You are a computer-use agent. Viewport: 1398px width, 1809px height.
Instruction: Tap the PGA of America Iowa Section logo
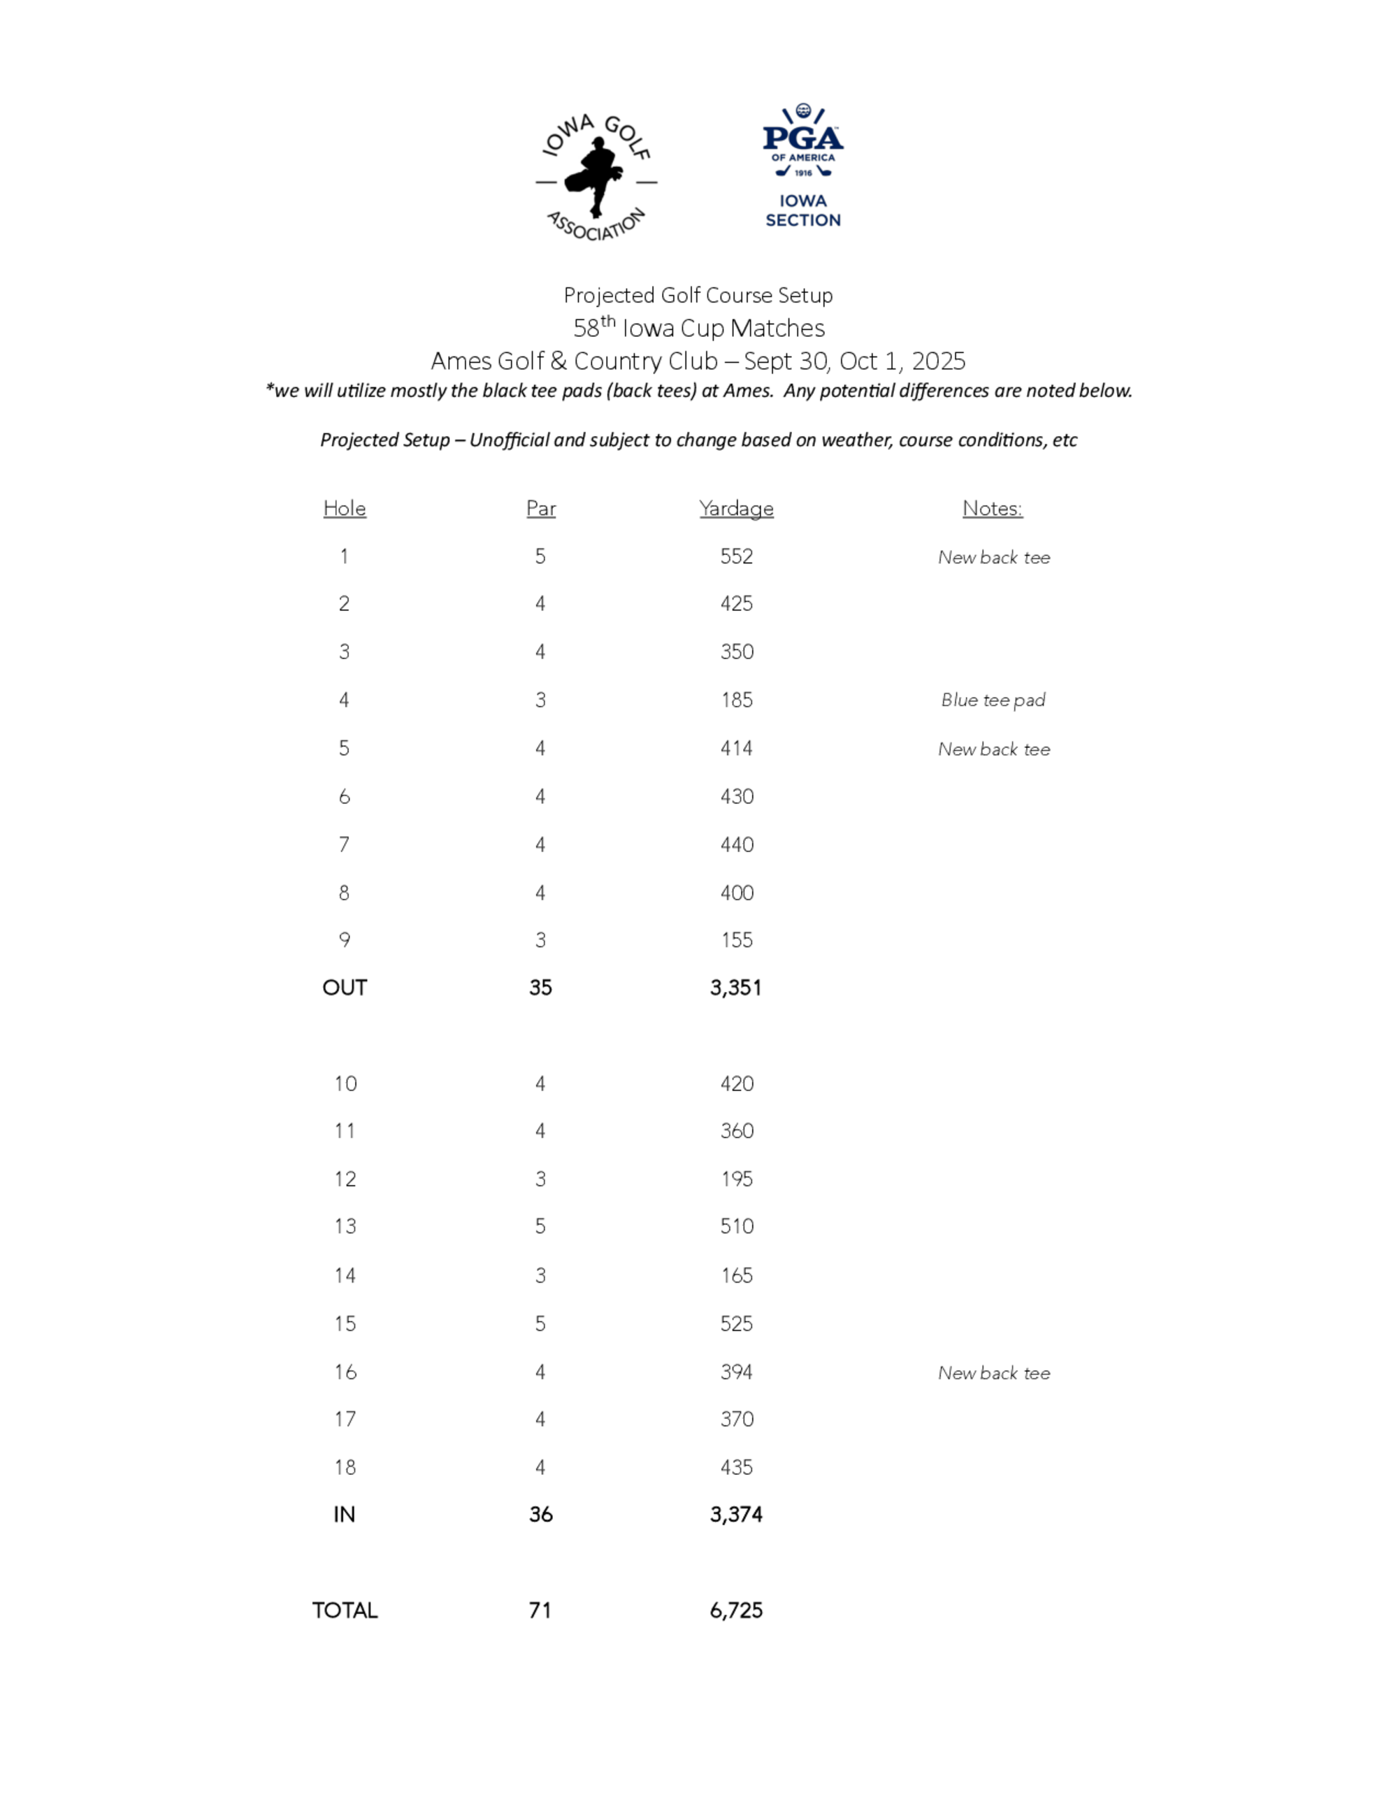pyautogui.click(x=802, y=166)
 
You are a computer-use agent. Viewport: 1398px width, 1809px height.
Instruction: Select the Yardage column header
pyautogui.click(x=736, y=509)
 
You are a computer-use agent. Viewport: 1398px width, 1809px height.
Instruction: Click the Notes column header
pyautogui.click(x=992, y=509)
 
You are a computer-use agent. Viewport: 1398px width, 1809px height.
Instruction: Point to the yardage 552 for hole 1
pyautogui.click(x=736, y=556)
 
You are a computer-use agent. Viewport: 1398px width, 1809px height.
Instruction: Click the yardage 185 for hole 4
pyautogui.click(x=736, y=700)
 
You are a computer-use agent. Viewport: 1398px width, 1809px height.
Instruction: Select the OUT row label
pyautogui.click(x=345, y=987)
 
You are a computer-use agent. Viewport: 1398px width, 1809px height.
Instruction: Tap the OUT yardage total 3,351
pyautogui.click(x=735, y=987)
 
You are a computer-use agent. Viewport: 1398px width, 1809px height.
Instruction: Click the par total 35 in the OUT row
pyautogui.click(x=541, y=987)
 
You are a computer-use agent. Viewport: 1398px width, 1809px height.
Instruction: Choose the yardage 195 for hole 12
pyautogui.click(x=736, y=1179)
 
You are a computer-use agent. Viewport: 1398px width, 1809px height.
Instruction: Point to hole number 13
pyautogui.click(x=345, y=1227)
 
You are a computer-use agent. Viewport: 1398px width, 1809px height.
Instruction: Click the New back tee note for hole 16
pyautogui.click(x=994, y=1374)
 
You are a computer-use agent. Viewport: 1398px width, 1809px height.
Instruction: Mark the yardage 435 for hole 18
pyautogui.click(x=736, y=1468)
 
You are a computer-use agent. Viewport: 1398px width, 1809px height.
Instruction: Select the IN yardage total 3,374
pyautogui.click(x=735, y=1515)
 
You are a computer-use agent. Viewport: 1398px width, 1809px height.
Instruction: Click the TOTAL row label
pyautogui.click(x=345, y=1610)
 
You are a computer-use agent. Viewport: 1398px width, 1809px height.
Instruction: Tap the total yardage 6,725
pyautogui.click(x=735, y=1610)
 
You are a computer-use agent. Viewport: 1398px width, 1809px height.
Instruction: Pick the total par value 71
pyautogui.click(x=540, y=1610)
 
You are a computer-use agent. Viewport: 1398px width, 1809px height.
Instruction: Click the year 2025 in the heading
pyautogui.click(x=938, y=361)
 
